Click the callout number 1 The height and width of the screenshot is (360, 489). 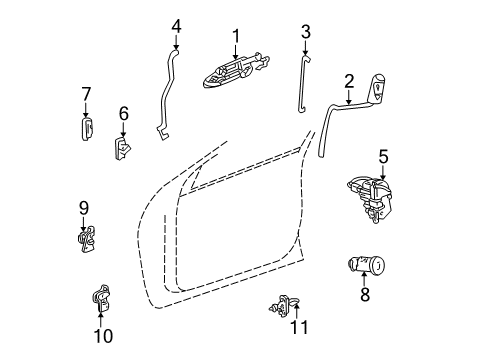236,36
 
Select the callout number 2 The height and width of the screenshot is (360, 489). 349,81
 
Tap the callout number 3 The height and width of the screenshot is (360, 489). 306,31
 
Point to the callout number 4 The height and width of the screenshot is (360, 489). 176,25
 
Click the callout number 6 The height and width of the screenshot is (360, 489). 123,113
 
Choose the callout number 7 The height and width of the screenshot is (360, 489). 86,94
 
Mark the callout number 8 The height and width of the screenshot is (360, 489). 366,295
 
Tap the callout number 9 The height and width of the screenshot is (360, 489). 84,208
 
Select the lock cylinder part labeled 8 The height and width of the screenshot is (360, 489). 368,267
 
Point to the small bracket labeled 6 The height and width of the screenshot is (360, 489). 122,148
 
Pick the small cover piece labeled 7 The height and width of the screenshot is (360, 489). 87,128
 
